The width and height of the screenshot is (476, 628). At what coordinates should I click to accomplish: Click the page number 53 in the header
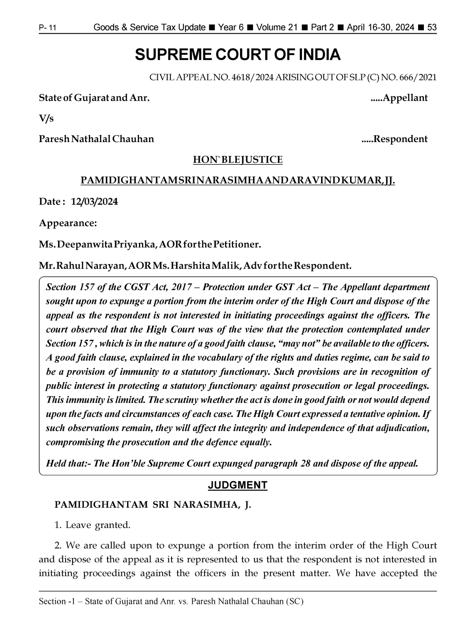click(432, 28)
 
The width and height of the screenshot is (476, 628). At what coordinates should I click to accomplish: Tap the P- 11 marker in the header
click(47, 28)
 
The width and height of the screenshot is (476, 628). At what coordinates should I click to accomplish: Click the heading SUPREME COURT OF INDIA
click(237, 55)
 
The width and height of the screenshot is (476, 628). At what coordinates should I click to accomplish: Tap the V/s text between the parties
click(46, 118)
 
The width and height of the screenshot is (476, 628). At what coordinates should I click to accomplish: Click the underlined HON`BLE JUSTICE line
click(237, 160)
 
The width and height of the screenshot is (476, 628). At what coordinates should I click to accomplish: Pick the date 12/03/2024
click(94, 202)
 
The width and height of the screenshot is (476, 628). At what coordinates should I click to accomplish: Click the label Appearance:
click(68, 223)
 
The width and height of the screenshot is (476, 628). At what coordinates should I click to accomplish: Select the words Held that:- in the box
click(68, 463)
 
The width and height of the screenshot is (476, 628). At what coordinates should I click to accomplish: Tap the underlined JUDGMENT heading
click(237, 485)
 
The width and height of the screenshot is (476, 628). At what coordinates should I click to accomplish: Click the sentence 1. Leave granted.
click(92, 525)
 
